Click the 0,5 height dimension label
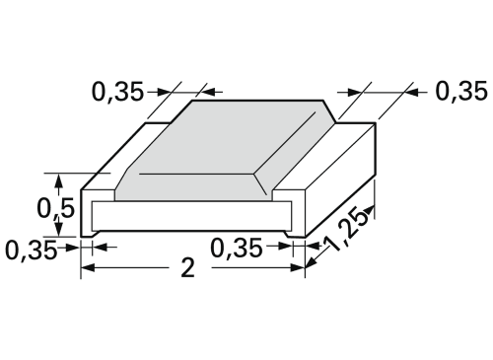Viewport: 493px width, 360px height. (x=55, y=208)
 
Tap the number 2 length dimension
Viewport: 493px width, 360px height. (x=188, y=267)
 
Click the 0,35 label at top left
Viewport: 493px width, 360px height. (x=117, y=92)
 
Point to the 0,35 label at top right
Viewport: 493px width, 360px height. (x=461, y=91)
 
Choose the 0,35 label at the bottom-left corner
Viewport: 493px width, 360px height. (x=32, y=250)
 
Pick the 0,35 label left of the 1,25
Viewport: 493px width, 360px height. (x=237, y=248)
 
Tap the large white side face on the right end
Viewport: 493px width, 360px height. (x=341, y=180)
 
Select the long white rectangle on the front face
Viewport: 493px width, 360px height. (x=191, y=216)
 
